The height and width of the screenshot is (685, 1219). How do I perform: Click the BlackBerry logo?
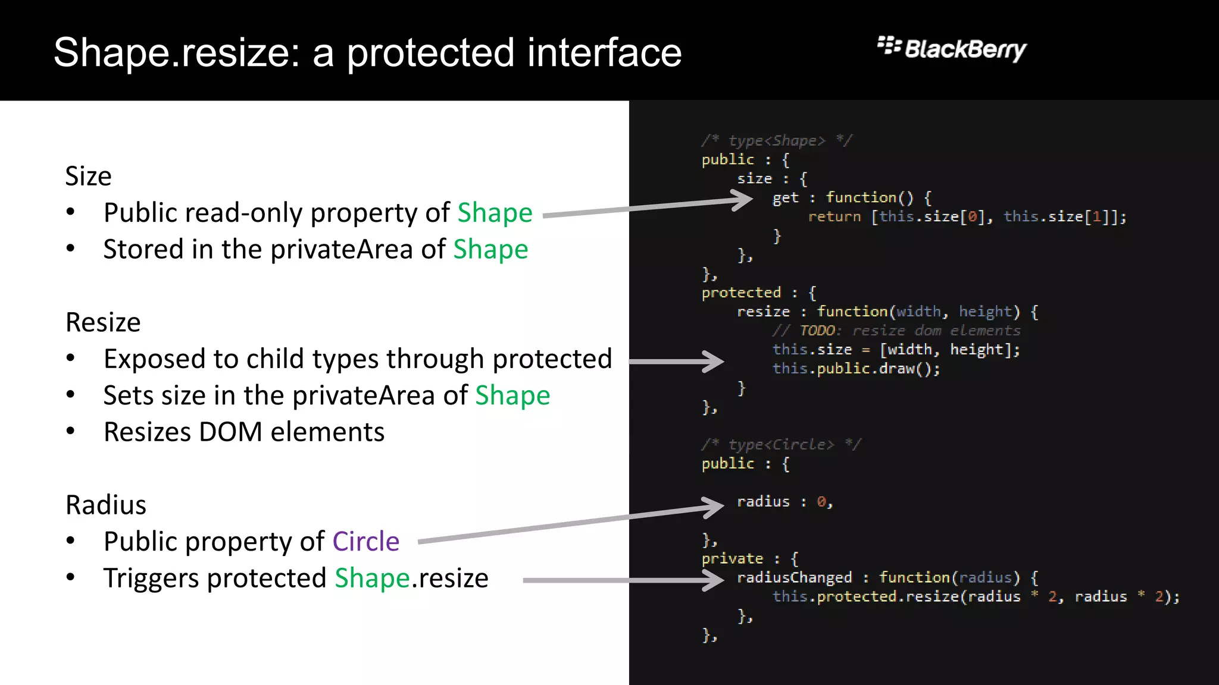(952, 49)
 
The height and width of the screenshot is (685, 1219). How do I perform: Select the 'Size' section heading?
(88, 176)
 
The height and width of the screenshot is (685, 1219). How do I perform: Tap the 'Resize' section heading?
(103, 322)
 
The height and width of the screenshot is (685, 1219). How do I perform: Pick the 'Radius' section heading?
(106, 505)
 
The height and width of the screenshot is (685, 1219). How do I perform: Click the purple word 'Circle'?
(365, 541)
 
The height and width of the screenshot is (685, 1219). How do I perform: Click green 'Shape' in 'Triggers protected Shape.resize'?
(372, 578)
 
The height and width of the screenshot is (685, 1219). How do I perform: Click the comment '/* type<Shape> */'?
(777, 140)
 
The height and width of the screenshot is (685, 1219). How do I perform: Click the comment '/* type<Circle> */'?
(781, 444)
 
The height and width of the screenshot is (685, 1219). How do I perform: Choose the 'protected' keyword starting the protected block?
(741, 293)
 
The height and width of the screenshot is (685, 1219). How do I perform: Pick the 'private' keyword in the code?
(732, 558)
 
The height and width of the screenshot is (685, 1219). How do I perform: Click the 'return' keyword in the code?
(834, 216)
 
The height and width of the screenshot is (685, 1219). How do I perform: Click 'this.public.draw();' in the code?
(856, 369)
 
